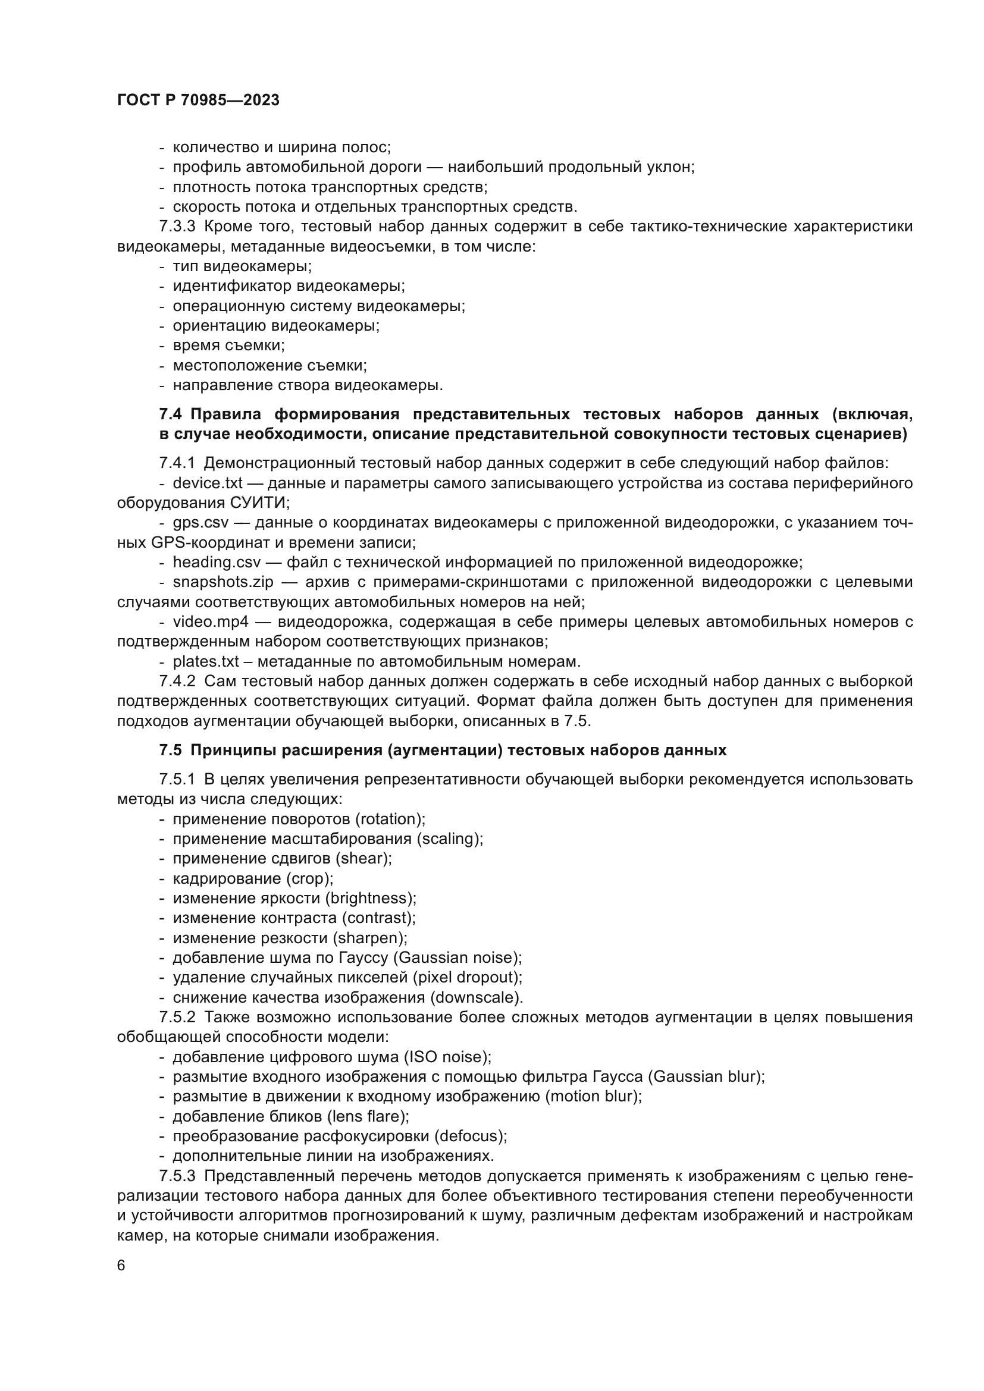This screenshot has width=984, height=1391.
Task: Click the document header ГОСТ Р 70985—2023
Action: coord(198,101)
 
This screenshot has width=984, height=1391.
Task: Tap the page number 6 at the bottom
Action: coord(121,1266)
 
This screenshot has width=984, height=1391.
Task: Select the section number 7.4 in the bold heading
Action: coord(170,415)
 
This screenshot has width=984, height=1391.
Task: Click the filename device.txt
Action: coord(207,483)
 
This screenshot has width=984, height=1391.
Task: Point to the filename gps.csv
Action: coord(202,522)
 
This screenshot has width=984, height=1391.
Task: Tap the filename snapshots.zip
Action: coord(223,582)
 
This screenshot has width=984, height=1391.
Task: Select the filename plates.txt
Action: coord(206,661)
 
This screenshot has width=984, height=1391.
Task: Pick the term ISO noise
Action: coord(447,1057)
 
